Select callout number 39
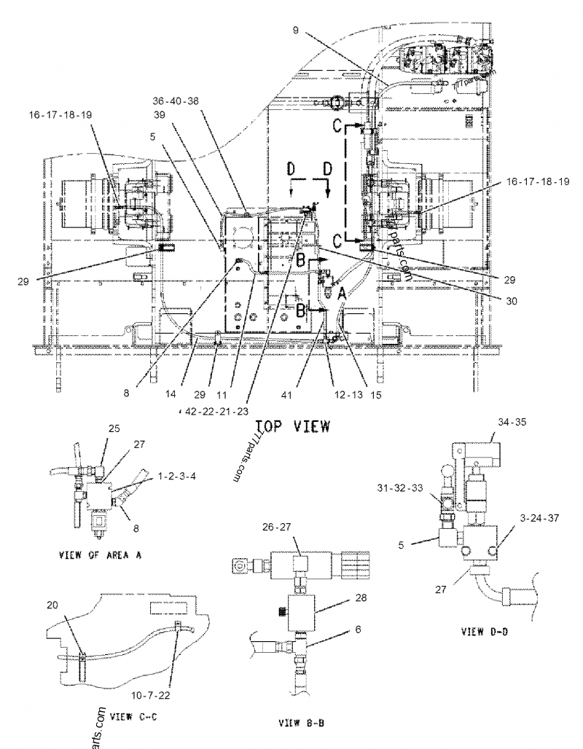[x=159, y=114]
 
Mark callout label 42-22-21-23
[x=219, y=411]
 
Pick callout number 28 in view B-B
[x=361, y=597]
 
